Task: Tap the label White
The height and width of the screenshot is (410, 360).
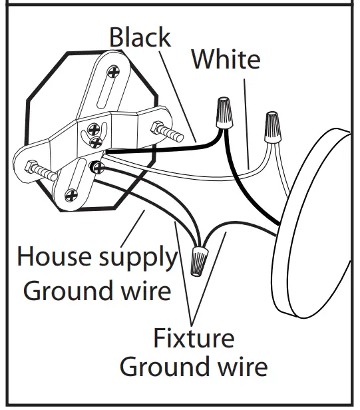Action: pyautogui.click(x=226, y=60)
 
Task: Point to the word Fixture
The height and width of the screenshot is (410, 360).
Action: pyautogui.click(x=194, y=338)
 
